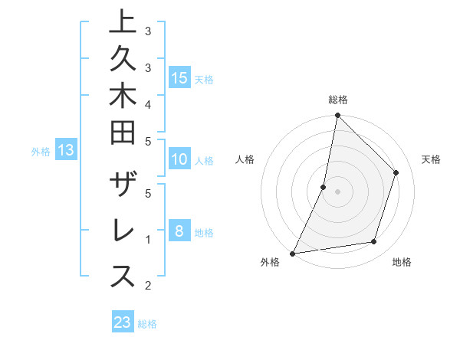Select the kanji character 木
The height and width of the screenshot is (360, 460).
(123, 99)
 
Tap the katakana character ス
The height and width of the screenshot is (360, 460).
(123, 277)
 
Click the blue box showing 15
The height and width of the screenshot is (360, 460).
(179, 77)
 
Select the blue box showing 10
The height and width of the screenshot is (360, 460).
(179, 159)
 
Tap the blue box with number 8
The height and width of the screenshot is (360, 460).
(179, 231)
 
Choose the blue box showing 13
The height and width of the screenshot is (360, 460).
(66, 151)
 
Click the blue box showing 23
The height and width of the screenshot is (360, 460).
(123, 322)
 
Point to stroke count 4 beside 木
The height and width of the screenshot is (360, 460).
(148, 103)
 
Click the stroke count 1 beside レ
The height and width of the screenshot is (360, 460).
(148, 239)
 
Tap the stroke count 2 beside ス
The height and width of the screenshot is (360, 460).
(148, 286)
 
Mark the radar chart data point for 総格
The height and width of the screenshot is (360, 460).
(337, 116)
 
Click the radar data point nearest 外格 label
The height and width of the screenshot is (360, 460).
(293, 253)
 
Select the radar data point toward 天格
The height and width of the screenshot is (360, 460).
(396, 172)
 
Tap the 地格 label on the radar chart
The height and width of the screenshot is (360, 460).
(402, 262)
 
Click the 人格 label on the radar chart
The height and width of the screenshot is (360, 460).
(245, 159)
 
